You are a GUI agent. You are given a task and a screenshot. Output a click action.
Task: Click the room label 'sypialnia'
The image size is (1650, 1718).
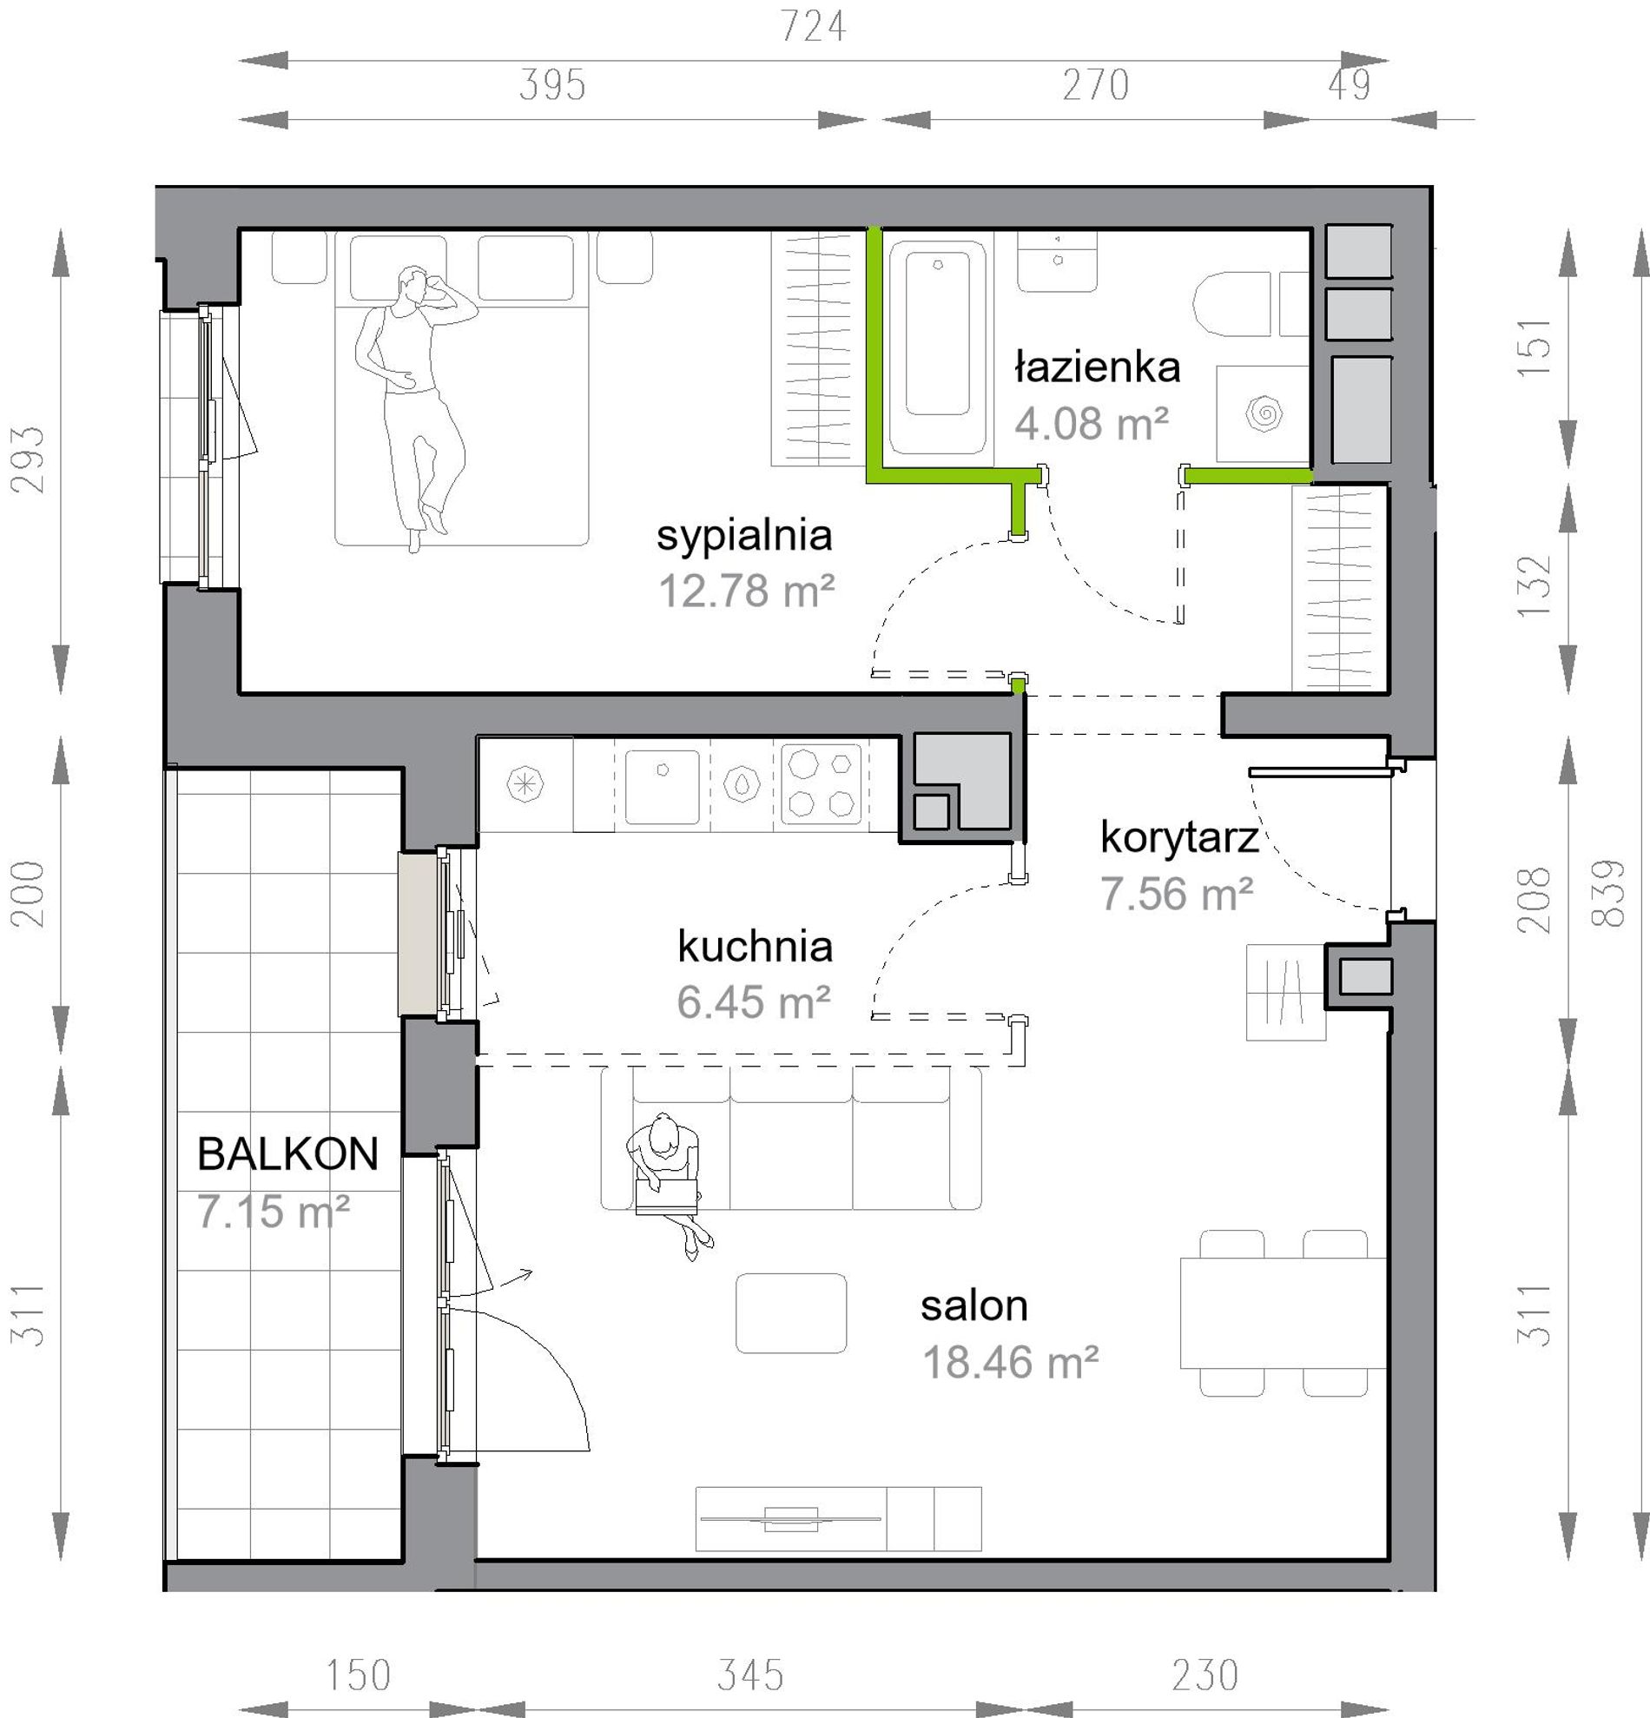[744, 537]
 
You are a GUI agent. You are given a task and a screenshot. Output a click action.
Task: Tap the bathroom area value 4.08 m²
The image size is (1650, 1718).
[1092, 423]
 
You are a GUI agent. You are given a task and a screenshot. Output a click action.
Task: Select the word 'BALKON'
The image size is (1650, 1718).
[287, 1153]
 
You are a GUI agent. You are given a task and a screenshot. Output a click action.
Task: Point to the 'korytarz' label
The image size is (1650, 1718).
[1178, 837]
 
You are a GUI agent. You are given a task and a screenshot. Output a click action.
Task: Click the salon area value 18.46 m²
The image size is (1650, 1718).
[1010, 1362]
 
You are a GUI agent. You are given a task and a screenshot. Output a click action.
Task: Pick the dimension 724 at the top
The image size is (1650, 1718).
[813, 27]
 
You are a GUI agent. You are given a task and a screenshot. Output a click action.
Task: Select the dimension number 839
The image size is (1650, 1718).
[1609, 893]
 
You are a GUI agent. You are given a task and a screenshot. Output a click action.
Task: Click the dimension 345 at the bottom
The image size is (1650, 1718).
[750, 1675]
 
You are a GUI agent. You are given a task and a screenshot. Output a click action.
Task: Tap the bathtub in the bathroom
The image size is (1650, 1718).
[938, 348]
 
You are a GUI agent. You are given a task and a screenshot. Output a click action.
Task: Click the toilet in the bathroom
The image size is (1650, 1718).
[1231, 303]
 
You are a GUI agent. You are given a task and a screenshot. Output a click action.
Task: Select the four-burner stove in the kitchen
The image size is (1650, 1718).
[822, 784]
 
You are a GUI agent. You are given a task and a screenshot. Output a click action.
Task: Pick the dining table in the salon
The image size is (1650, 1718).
[1283, 1313]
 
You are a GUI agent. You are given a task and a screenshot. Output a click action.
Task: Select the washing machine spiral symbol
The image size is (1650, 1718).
[1264, 413]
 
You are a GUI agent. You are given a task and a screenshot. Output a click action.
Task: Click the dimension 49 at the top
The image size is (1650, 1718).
[1349, 85]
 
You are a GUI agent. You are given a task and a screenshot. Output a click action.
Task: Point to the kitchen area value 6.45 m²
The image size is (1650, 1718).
[754, 1001]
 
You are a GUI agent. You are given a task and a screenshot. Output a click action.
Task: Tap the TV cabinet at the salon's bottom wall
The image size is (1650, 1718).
[839, 1519]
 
